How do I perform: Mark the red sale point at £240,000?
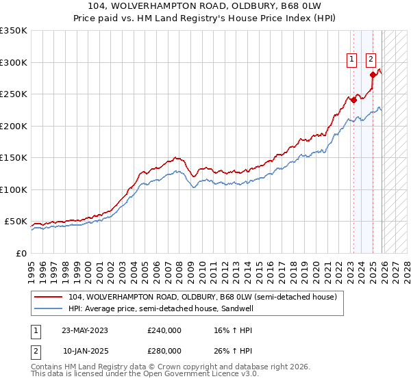click(353, 101)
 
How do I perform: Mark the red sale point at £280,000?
click(373, 75)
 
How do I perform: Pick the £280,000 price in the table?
click(164, 350)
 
